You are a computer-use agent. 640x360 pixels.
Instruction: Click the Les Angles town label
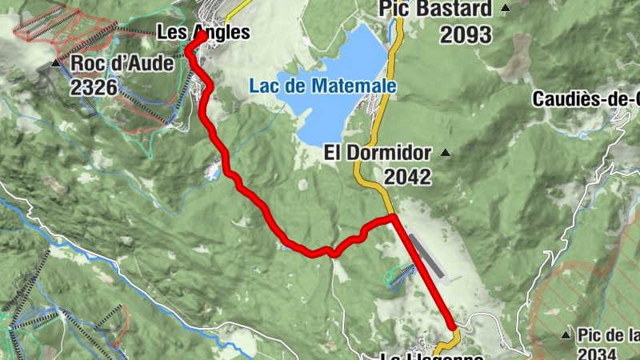click(203, 33)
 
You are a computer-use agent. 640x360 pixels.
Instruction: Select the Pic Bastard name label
click(436, 9)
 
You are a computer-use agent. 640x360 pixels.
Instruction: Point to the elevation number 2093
click(467, 34)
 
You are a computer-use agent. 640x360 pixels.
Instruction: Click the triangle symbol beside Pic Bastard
click(506, 9)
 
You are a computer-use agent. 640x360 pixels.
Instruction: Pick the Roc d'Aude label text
click(122, 62)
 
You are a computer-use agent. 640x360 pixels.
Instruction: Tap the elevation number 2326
click(94, 87)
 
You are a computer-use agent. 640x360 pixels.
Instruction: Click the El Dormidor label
click(378, 152)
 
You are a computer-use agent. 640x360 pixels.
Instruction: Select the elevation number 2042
click(407, 177)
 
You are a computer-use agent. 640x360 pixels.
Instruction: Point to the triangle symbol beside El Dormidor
click(446, 153)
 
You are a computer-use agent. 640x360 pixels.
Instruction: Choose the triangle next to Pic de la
click(566, 334)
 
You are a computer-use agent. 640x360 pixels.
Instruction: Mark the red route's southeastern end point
click(452, 326)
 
